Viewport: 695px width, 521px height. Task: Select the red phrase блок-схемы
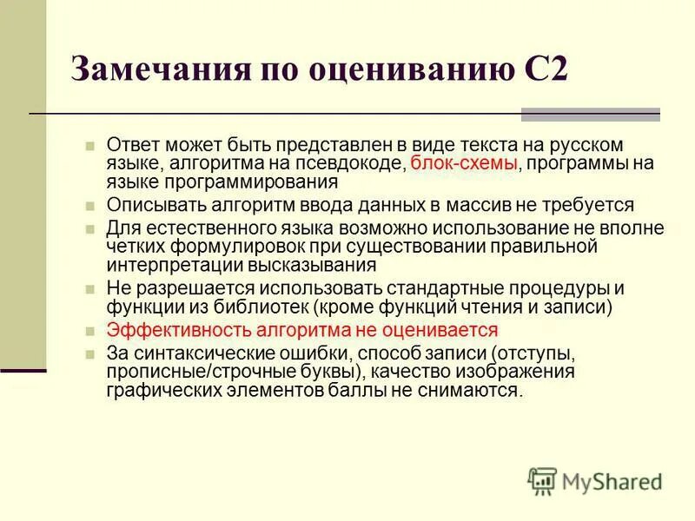(x=465, y=163)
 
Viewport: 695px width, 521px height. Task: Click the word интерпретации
(x=170, y=266)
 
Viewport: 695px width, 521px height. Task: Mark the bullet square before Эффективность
(x=90, y=331)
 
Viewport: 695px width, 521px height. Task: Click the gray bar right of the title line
(x=590, y=115)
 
